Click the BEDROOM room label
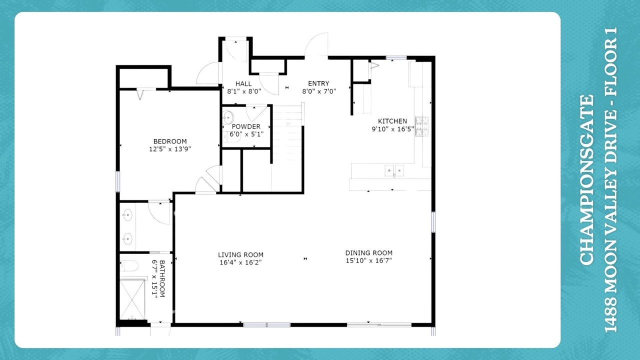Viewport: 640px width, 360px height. point(170,141)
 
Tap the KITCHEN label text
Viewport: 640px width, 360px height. point(392,121)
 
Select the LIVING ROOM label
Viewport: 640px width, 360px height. point(240,255)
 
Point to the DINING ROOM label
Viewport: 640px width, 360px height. point(368,253)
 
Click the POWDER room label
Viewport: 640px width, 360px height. point(246,126)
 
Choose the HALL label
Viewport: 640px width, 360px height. point(243,83)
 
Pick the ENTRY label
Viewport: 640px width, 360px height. point(318,83)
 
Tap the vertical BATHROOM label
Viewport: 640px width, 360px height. point(161,278)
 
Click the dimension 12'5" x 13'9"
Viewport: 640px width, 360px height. point(170,149)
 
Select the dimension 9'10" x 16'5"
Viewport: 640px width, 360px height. point(392,129)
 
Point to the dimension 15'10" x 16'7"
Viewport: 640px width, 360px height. point(368,260)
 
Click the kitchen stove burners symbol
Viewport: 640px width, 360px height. point(421,126)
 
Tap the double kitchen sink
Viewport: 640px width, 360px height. point(394,170)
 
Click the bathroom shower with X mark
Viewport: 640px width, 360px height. point(132,299)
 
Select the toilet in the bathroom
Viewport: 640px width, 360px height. point(129,265)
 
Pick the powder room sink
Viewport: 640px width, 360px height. point(228,117)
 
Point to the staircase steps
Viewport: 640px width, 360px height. point(287,133)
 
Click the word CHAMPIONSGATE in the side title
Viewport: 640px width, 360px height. point(587,180)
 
